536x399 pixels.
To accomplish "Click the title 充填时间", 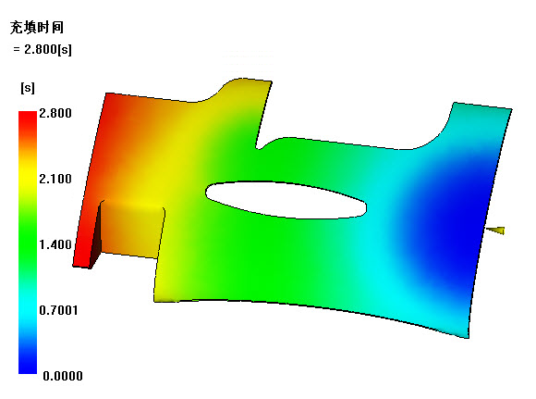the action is [37, 28].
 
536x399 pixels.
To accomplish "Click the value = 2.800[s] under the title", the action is [43, 49].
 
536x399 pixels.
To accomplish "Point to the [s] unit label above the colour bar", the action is [28, 88].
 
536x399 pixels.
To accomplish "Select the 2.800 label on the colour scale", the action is [55, 113].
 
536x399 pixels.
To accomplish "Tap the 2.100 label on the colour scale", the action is [55, 179].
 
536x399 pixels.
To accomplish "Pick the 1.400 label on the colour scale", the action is [55, 244].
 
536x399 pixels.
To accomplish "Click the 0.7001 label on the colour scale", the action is [58, 310].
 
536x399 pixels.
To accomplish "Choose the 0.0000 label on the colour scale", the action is [63, 376].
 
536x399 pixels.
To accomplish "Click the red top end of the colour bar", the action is [28, 116].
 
